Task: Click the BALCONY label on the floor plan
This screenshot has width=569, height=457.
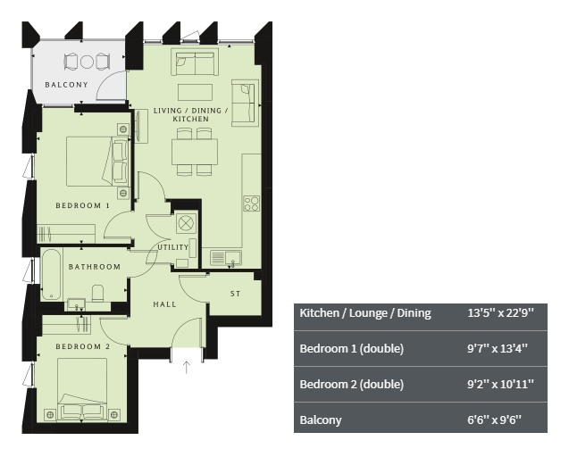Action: tap(66, 85)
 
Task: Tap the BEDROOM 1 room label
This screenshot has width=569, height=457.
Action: tap(83, 205)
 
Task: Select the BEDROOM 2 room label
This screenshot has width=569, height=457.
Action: tap(83, 346)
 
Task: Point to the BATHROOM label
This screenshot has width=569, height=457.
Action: tap(95, 267)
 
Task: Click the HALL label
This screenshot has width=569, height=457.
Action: tap(164, 304)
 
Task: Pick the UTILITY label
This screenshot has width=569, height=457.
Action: tap(173, 247)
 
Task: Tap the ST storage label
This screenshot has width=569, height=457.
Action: tap(236, 294)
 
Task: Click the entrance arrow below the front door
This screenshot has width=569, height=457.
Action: tap(187, 367)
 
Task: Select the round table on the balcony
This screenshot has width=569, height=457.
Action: tap(87, 62)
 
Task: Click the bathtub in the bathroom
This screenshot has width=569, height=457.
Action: tap(51, 274)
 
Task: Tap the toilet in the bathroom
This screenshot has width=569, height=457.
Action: tap(98, 293)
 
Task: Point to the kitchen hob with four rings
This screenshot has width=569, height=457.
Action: tap(252, 204)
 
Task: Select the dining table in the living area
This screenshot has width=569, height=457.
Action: tap(195, 152)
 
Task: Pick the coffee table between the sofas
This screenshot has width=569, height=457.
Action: tap(196, 92)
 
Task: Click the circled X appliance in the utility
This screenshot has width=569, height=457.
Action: tap(186, 223)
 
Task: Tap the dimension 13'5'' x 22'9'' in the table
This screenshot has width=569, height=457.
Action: tap(501, 312)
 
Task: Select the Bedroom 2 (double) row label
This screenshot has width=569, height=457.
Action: tap(352, 384)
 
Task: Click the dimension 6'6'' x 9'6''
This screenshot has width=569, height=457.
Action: tap(494, 420)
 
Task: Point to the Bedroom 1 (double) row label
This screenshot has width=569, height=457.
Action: tap(352, 349)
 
